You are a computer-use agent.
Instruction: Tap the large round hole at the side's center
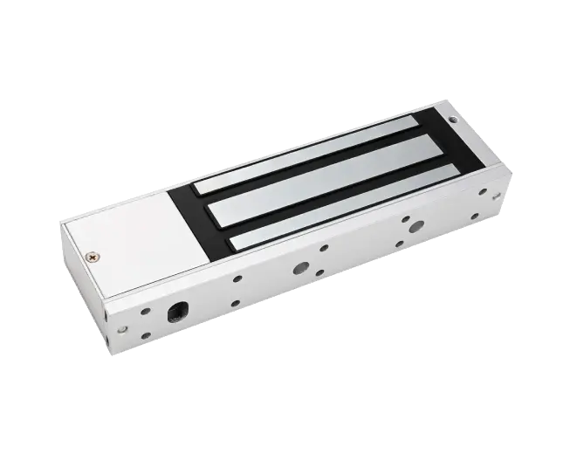[301, 269]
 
